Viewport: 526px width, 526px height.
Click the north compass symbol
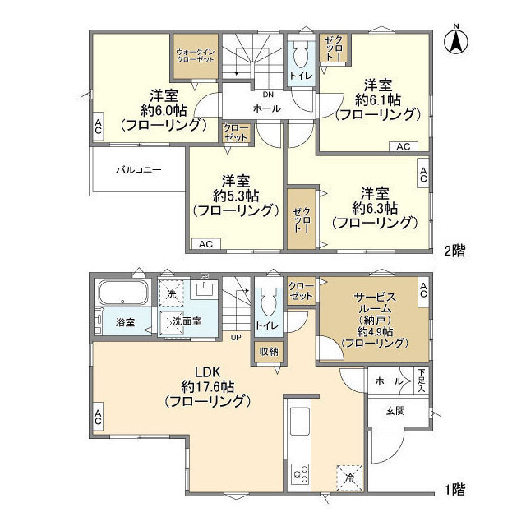tap(456, 42)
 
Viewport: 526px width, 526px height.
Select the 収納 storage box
tap(269, 352)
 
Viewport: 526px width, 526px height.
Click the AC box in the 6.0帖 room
tap(97, 127)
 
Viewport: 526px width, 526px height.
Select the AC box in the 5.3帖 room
tap(205, 244)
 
